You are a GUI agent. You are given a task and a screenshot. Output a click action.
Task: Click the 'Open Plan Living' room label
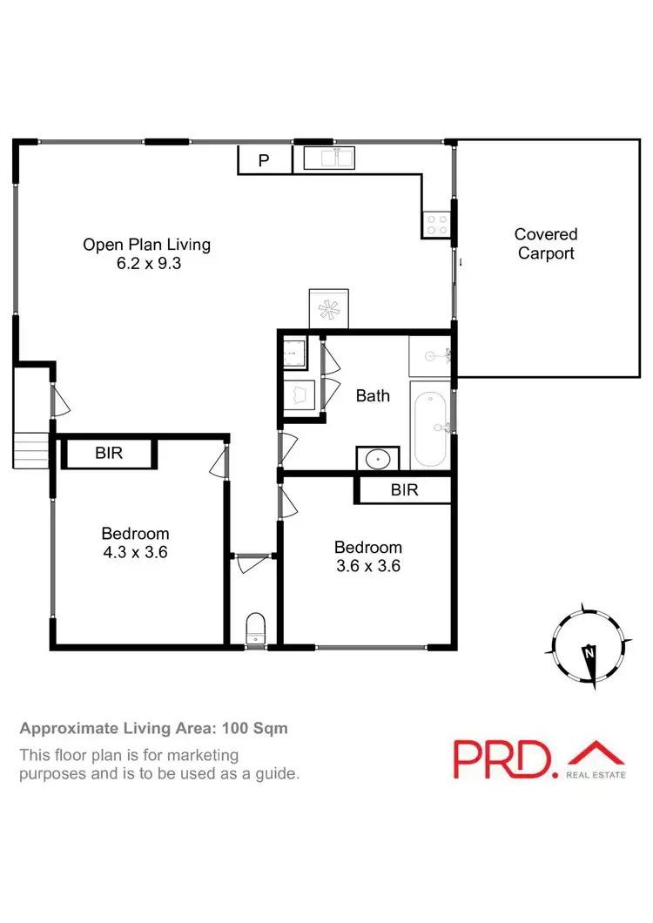(x=146, y=245)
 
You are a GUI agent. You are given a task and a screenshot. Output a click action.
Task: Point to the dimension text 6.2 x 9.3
(x=146, y=263)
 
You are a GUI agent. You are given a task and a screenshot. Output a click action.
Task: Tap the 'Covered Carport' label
(x=546, y=244)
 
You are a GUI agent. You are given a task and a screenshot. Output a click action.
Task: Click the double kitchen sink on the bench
(x=329, y=158)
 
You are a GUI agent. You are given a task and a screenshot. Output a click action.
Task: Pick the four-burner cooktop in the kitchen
(x=435, y=226)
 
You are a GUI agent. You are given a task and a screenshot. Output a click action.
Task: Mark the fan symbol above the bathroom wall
(x=328, y=308)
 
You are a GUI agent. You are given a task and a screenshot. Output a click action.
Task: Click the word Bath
(x=373, y=395)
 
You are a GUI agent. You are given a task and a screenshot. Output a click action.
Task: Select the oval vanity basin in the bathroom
(x=378, y=459)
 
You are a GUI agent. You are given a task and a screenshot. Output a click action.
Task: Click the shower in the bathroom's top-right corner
(x=430, y=355)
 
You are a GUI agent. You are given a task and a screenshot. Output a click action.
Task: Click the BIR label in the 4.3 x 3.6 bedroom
(x=109, y=454)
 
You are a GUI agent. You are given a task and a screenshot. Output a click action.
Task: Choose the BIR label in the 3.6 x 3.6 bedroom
(x=404, y=490)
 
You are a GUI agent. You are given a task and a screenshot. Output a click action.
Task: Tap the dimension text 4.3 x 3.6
(x=135, y=552)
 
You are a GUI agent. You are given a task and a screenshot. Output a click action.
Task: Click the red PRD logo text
(x=502, y=758)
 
